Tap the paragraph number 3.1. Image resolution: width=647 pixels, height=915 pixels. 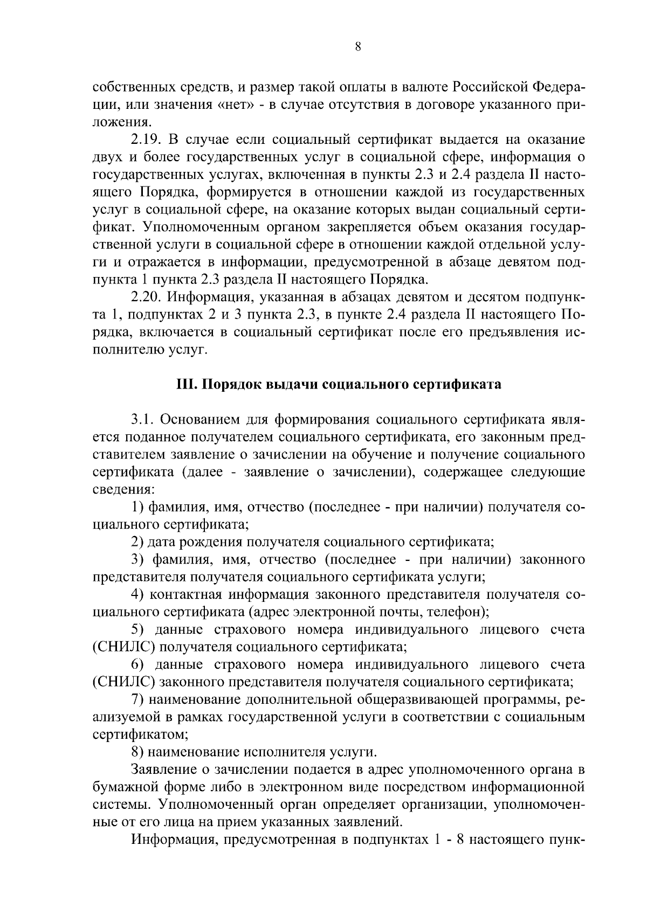(x=141, y=420)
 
